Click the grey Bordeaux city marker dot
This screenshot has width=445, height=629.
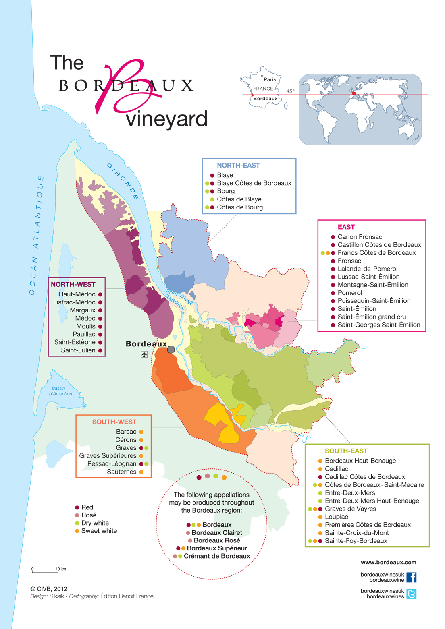click(x=171, y=349)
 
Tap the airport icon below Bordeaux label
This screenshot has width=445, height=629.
click(x=144, y=354)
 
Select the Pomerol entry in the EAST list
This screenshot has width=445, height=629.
click(x=349, y=293)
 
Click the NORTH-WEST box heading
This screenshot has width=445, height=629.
click(x=73, y=284)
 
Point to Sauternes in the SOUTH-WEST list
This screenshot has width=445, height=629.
click(x=121, y=472)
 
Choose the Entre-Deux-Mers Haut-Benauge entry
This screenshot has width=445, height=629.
click(x=372, y=501)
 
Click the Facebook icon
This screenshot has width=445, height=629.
click(x=411, y=577)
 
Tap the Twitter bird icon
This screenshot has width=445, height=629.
click(x=411, y=594)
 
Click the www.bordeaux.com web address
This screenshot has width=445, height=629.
click(x=388, y=562)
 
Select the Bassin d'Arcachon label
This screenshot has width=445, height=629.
click(x=60, y=391)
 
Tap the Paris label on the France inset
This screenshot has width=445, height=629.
click(x=270, y=79)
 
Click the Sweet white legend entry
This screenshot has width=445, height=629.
click(x=99, y=531)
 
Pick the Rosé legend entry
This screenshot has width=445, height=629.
click(x=89, y=515)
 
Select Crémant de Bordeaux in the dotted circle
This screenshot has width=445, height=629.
click(x=217, y=556)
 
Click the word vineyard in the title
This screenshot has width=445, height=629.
click(x=166, y=119)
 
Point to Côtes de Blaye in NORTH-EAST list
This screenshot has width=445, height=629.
click(x=239, y=199)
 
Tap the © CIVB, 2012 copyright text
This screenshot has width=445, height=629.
click(x=49, y=589)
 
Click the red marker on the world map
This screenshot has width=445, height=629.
click(x=354, y=94)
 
